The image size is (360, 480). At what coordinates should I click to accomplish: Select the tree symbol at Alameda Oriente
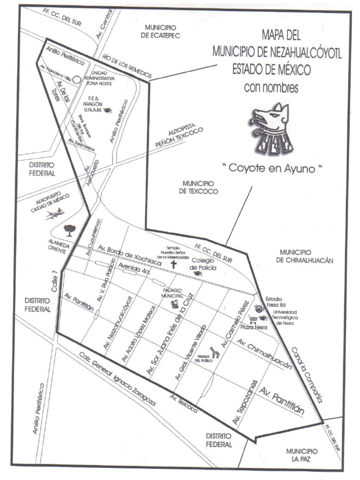click(x=70, y=230)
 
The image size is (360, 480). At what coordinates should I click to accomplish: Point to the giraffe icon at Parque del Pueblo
click(x=215, y=351)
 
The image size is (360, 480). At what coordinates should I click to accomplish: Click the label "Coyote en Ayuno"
click(x=273, y=169)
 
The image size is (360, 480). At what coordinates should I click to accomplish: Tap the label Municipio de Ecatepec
click(x=163, y=31)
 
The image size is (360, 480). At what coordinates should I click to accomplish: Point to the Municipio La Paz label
click(x=302, y=455)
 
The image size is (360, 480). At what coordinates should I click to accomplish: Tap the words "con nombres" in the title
click(x=271, y=88)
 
